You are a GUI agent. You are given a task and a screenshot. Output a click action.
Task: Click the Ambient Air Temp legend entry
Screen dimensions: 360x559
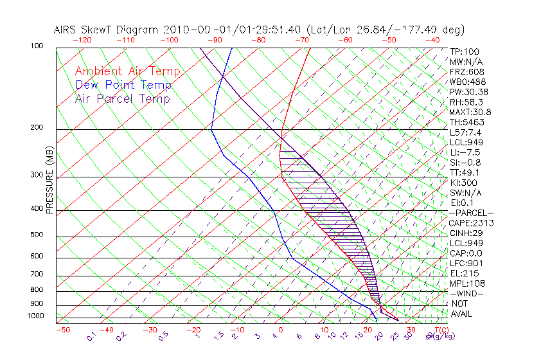127,71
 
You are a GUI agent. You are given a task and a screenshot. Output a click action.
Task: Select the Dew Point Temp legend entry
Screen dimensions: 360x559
123,85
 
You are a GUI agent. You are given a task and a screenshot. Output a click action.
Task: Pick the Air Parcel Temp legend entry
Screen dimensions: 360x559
122,98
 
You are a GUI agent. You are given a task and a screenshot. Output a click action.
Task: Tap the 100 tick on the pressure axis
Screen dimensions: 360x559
37,46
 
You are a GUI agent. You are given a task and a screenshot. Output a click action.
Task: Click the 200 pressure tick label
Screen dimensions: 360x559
37,128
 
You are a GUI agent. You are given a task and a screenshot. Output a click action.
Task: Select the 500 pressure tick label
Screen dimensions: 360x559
37,235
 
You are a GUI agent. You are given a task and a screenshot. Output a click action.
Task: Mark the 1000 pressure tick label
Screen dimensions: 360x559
35,316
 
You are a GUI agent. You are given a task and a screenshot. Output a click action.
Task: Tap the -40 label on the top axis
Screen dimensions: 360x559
432,40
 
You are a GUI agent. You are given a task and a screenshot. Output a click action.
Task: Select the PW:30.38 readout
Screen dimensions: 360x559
468,92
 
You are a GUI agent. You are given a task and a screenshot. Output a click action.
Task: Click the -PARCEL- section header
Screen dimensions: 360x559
471,213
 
